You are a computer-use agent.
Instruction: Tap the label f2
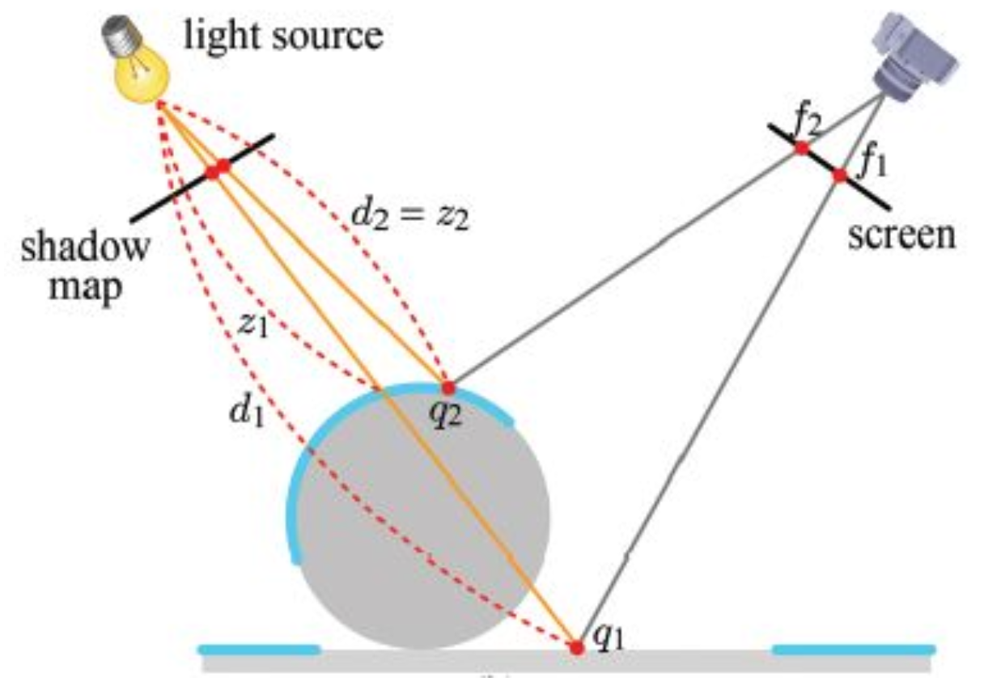coord(809,123)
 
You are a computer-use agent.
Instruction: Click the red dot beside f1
coord(839,175)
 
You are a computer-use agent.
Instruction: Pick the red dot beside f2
coord(801,147)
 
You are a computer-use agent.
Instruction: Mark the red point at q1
coord(576,647)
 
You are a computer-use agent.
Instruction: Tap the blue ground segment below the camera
coord(854,649)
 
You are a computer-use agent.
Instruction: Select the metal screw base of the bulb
coord(116,32)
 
